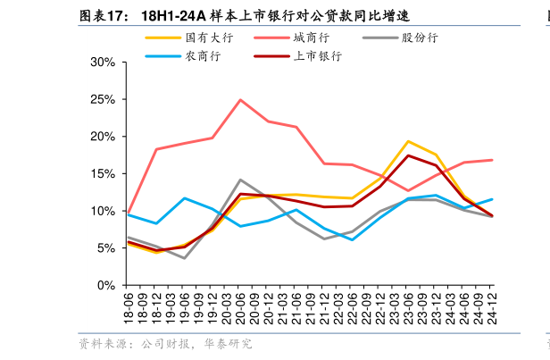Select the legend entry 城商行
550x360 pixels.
click(310, 38)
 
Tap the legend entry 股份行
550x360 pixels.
click(419, 38)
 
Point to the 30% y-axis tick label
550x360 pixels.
click(103, 63)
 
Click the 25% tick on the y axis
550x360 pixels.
click(103, 100)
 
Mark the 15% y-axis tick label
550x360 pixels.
click(103, 174)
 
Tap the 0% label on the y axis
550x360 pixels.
click(106, 285)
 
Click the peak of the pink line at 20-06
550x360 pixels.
click(240, 100)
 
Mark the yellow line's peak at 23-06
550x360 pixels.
click(408, 141)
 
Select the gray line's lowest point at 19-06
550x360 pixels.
click(184, 258)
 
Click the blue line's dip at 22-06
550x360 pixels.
click(352, 239)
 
